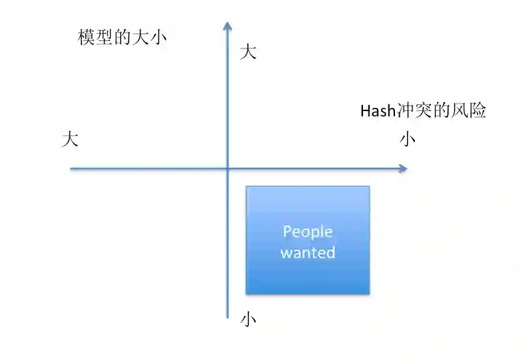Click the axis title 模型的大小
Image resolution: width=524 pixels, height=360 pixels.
(122, 37)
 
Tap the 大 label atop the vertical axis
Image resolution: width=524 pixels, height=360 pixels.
(248, 52)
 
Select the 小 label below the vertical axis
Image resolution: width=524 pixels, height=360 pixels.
(248, 319)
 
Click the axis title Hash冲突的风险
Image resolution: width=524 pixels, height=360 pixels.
(423, 111)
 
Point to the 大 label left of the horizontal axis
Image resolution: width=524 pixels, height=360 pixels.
(70, 140)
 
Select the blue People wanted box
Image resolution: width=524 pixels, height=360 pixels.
(308, 240)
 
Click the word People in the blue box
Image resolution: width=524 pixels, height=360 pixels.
(308, 232)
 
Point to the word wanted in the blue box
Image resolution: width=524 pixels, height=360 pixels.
(308, 252)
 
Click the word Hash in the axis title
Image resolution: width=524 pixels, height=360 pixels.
(375, 111)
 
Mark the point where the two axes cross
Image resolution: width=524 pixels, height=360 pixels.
(227, 168)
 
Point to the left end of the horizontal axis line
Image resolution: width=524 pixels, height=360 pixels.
(71, 168)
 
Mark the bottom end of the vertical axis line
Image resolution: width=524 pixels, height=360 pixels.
(227, 317)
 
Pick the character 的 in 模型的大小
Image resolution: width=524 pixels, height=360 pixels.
(122, 37)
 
